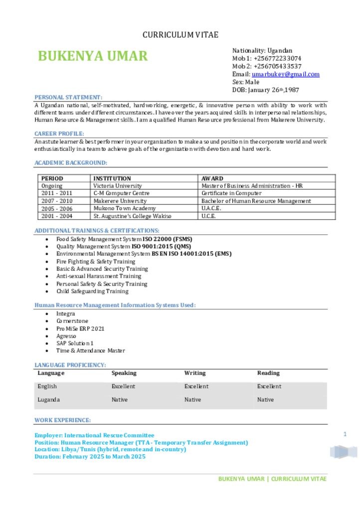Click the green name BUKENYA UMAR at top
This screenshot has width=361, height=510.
click(93, 56)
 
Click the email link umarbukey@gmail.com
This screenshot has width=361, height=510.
click(286, 74)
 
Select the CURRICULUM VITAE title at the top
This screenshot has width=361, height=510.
click(180, 35)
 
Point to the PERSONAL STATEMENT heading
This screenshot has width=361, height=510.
click(68, 97)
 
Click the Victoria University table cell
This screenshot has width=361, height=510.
click(118, 186)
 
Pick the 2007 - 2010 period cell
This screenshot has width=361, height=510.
click(57, 201)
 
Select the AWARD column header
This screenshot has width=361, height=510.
click(212, 178)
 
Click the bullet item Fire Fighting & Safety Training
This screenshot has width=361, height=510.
click(96, 261)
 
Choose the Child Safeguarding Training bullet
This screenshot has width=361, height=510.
click(92, 291)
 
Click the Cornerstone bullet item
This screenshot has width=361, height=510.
click(72, 321)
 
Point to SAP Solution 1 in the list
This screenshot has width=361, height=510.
click(75, 343)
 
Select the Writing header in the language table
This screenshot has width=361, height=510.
click(195, 373)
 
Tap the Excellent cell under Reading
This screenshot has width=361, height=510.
click(269, 386)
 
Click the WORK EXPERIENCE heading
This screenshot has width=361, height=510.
click(62, 420)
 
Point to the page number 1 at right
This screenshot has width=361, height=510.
click(345, 435)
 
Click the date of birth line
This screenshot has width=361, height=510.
click(266, 90)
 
